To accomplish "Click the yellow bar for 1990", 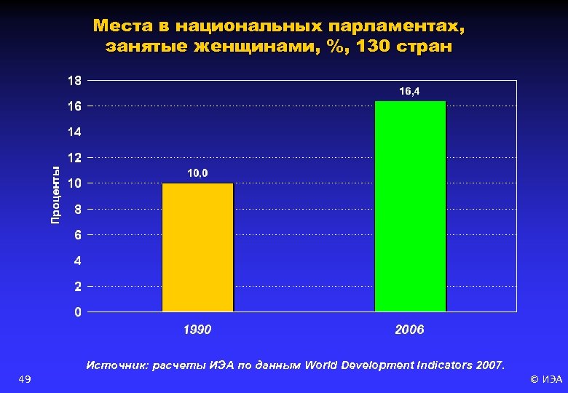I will click(x=197, y=247).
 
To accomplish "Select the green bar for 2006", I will click(x=410, y=207).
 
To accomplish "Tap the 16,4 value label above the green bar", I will click(x=409, y=92).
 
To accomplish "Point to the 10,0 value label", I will click(x=197, y=173).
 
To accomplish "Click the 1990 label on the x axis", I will click(x=197, y=330).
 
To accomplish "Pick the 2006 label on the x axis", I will click(x=409, y=330).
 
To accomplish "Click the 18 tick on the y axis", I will click(x=75, y=80).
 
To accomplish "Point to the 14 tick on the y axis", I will click(x=75, y=132).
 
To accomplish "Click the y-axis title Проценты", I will click(x=56, y=195).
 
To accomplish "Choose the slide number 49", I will click(x=24, y=379).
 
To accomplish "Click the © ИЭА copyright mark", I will click(x=545, y=379).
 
